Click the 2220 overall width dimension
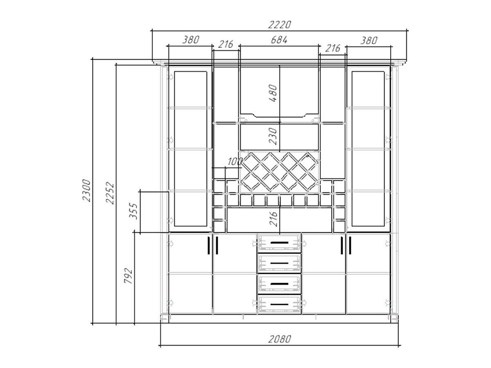280,24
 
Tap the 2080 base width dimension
280,339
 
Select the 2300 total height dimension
86,190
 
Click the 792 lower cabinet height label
128,276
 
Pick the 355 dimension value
133,211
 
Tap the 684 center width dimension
279,40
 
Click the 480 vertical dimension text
273,93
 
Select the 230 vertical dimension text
273,136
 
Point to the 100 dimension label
235,161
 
